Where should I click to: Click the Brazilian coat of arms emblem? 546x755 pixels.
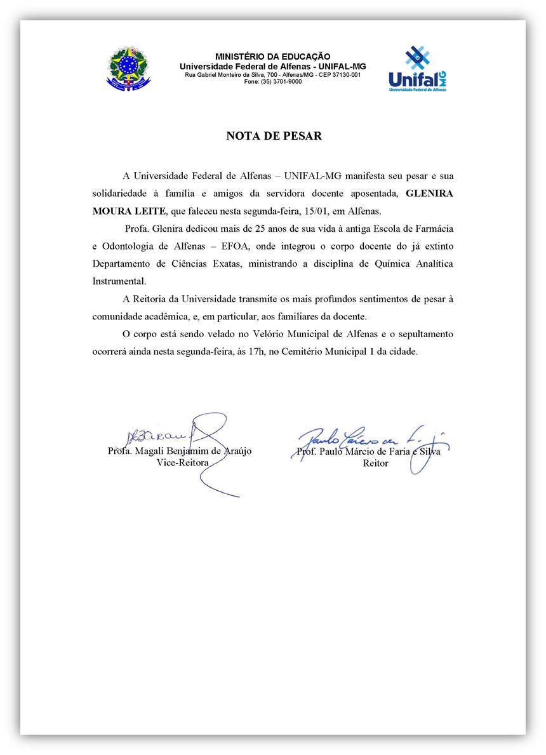coord(129,67)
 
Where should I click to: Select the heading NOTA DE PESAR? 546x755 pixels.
coord(274,136)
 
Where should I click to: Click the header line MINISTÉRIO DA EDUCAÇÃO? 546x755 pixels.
coord(272,57)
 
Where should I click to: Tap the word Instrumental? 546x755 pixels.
coord(119,281)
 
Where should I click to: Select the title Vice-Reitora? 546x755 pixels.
coord(182,462)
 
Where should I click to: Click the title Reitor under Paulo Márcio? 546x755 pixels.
coord(375,463)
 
